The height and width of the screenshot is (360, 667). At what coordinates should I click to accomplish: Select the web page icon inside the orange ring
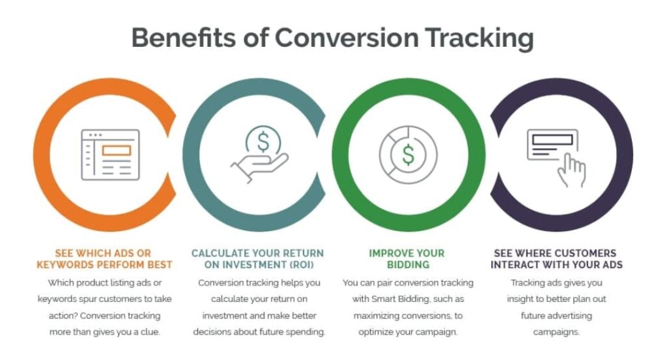coord(109,154)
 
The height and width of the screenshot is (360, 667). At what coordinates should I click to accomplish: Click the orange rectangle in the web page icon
coord(117,150)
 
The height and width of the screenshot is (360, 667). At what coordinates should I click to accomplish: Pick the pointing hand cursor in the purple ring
coord(571,169)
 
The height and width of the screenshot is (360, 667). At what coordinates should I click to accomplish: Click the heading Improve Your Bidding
coord(408,258)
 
